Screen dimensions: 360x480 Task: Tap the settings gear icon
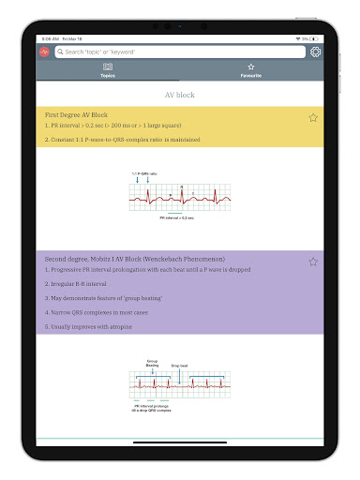[x=315, y=52]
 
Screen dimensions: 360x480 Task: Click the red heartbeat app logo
[x=44, y=52]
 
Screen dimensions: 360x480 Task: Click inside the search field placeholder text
[x=103, y=52]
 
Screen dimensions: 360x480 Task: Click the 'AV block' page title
[x=180, y=95]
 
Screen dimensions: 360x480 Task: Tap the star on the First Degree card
[x=313, y=117]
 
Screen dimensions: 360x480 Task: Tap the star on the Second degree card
[x=313, y=262]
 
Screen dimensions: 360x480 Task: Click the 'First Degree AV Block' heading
[x=76, y=114]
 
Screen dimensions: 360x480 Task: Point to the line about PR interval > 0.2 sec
[x=112, y=125]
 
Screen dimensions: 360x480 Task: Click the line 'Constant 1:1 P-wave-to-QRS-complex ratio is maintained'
[x=122, y=140]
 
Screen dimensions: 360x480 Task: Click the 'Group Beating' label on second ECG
[x=152, y=362]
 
